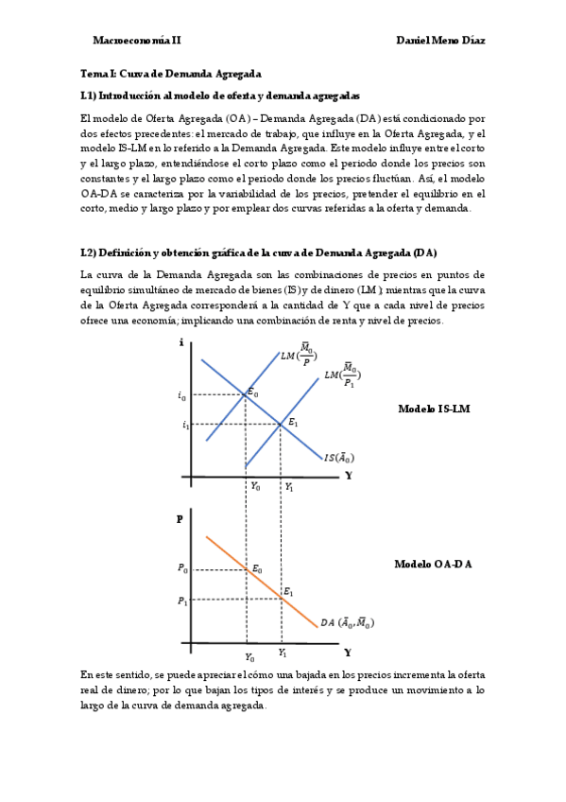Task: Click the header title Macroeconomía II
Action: (137, 41)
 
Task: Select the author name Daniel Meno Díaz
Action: (440, 41)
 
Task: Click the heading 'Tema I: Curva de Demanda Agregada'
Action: (171, 74)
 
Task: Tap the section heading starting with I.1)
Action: (220, 96)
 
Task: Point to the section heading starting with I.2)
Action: (259, 253)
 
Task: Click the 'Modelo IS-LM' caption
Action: (434, 409)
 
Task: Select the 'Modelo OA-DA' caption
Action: (433, 565)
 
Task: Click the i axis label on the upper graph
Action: (180, 342)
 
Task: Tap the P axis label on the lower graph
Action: (180, 519)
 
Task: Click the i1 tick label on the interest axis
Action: (186, 425)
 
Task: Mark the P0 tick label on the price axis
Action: (181, 568)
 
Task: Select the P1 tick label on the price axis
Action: (181, 601)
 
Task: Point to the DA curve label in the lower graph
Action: (346, 622)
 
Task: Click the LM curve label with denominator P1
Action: (342, 377)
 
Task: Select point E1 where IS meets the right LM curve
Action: (282, 425)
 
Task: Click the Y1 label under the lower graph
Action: (283, 653)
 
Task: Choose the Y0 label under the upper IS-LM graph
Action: (255, 486)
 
